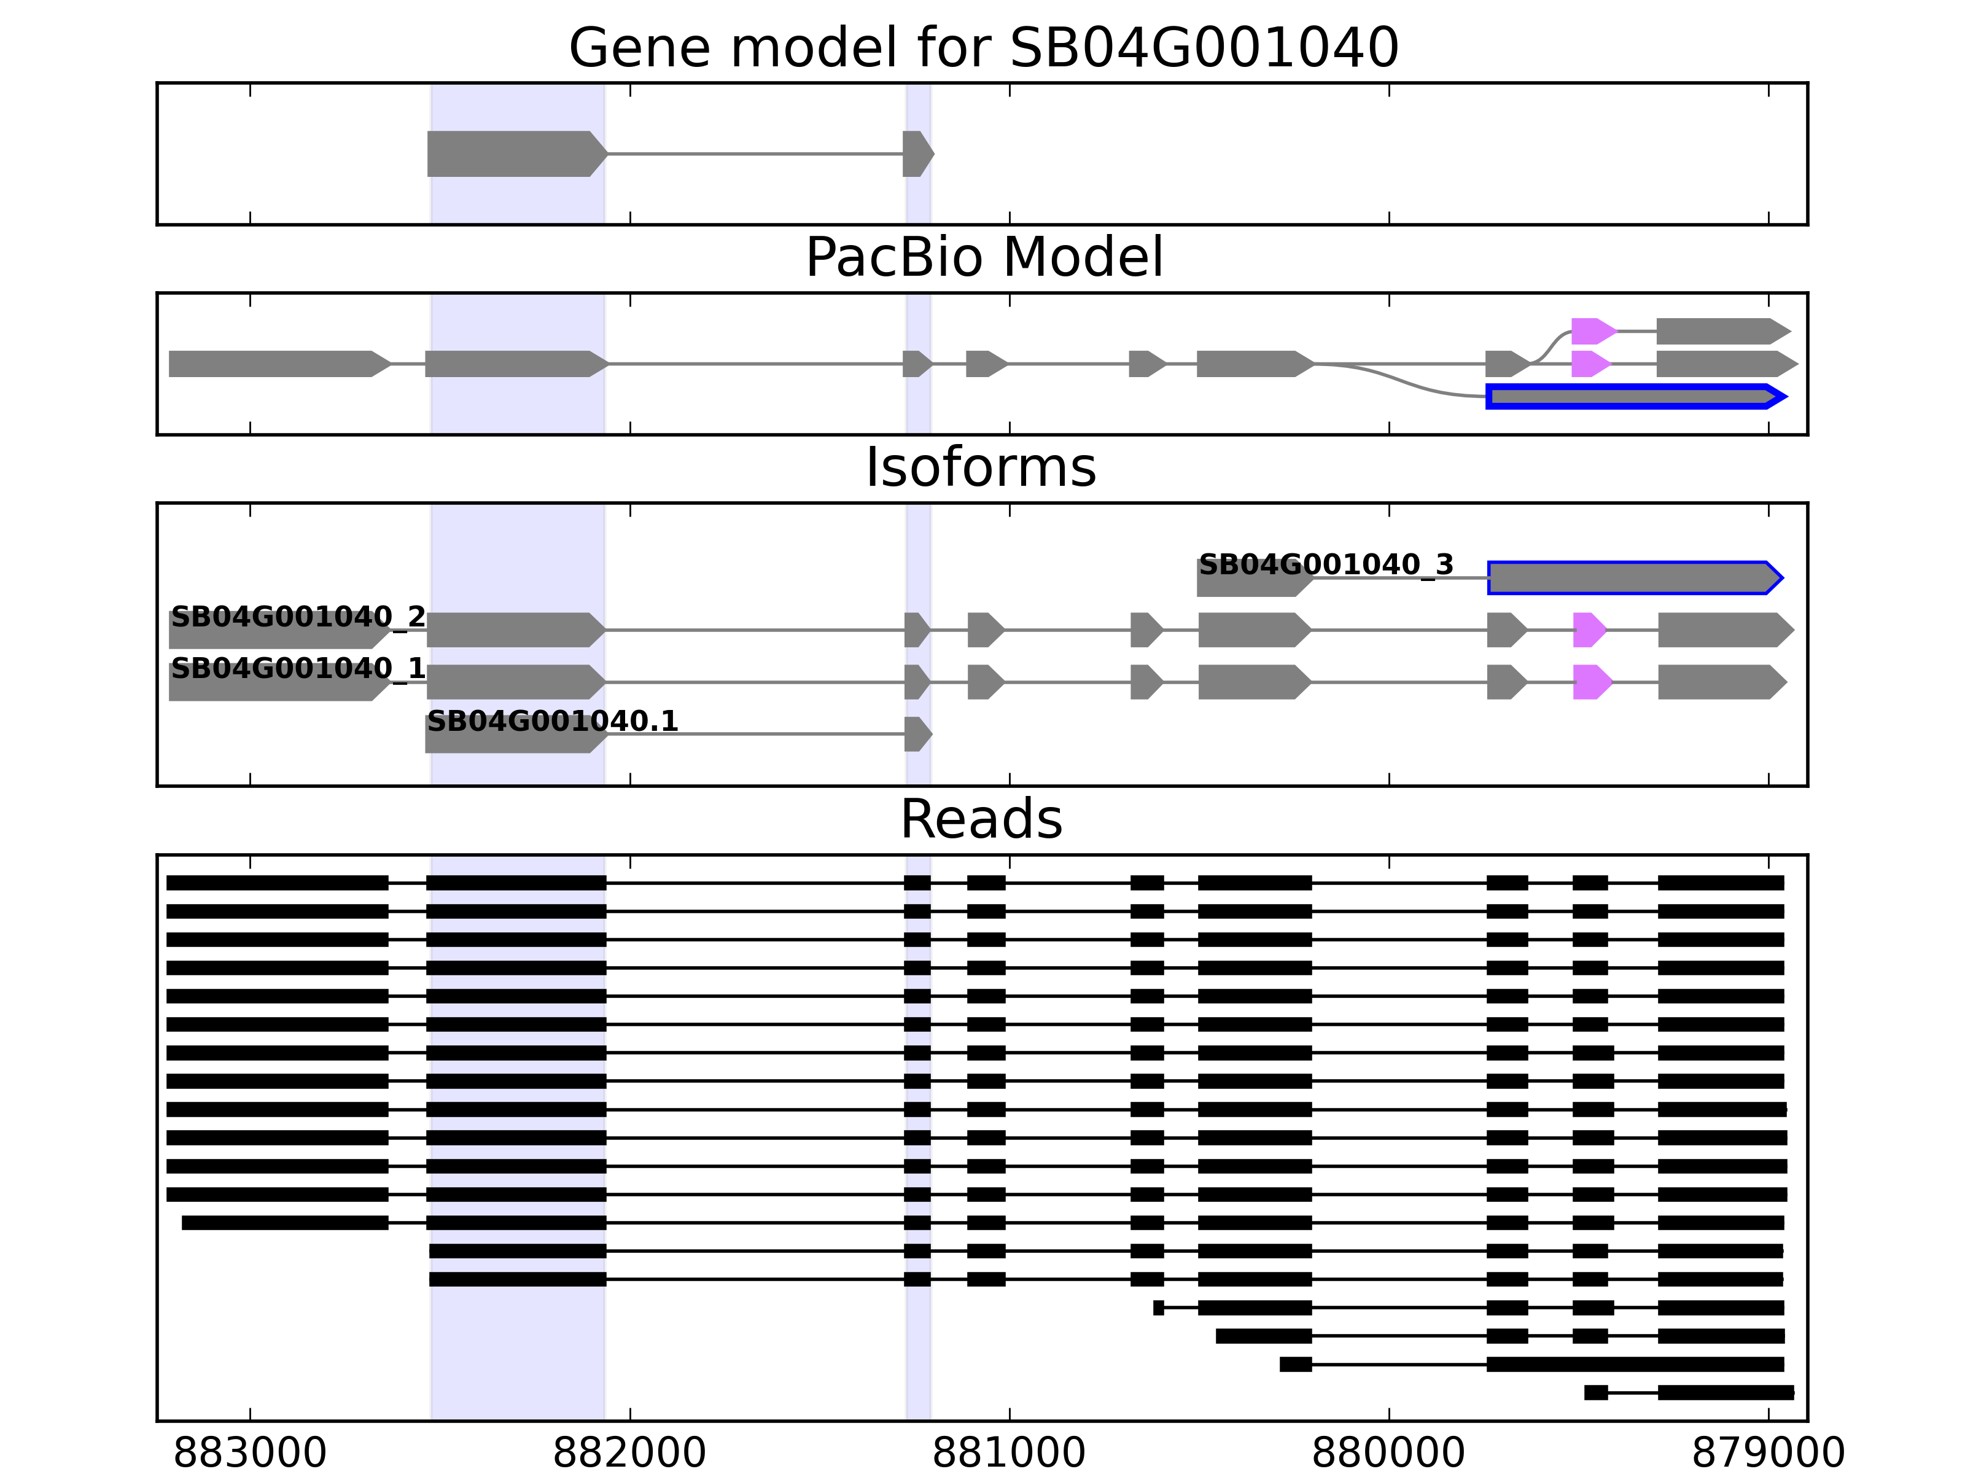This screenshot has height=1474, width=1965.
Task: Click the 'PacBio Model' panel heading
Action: click(982, 258)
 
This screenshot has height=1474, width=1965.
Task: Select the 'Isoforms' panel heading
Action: click(981, 467)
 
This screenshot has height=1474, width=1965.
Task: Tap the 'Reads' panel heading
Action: click(981, 819)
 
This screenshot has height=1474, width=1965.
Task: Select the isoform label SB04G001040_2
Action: click(298, 617)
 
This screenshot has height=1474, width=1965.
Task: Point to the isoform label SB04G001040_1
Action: click(298, 668)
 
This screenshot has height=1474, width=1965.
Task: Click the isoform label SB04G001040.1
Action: click(553, 720)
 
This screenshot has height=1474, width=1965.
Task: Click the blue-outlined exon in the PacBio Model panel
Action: click(1635, 396)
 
